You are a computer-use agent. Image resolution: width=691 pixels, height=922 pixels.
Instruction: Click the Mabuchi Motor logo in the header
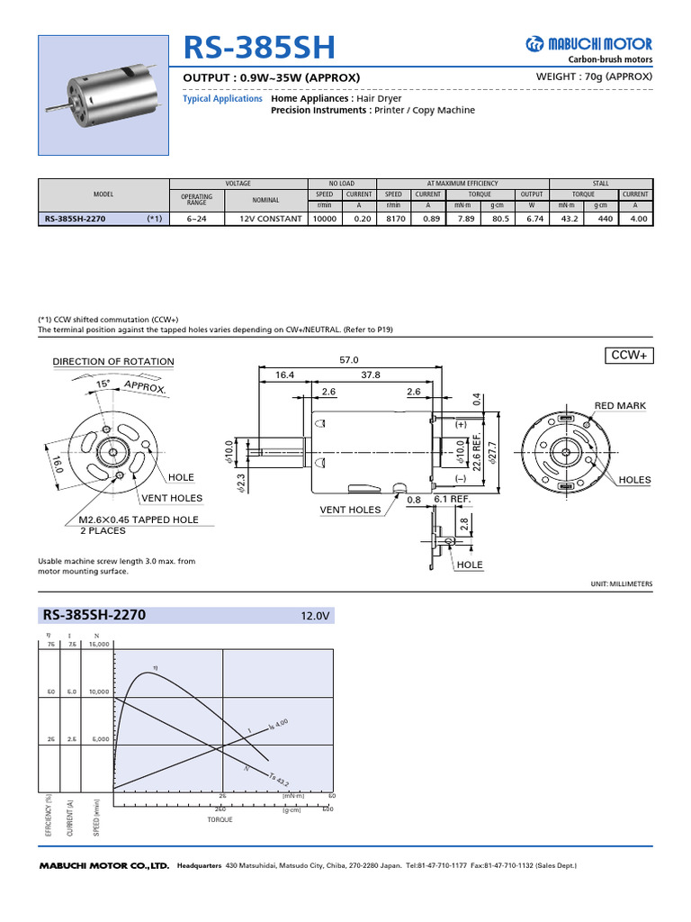coord(589,44)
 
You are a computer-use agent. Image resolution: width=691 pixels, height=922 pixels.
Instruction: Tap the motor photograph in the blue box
coord(103,95)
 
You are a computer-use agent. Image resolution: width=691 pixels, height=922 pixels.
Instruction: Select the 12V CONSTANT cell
coord(270,218)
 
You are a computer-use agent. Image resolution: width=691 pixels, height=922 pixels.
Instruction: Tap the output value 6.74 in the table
coord(533,218)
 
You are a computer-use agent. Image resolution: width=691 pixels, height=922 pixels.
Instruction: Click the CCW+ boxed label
coord(630,356)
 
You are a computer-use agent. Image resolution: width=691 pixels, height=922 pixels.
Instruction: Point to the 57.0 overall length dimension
coord(348,359)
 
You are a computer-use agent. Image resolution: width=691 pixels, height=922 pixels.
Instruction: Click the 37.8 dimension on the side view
coord(371,375)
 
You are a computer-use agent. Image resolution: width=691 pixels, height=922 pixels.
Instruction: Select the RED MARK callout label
coord(620,406)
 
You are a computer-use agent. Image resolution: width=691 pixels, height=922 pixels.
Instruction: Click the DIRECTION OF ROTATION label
coord(113,362)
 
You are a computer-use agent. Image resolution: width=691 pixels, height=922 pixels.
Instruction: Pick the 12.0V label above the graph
coord(317,617)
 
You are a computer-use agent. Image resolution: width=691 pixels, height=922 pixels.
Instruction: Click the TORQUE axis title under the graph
coord(220,819)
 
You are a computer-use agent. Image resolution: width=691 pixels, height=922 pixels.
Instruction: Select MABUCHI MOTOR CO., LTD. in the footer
coord(103,865)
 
